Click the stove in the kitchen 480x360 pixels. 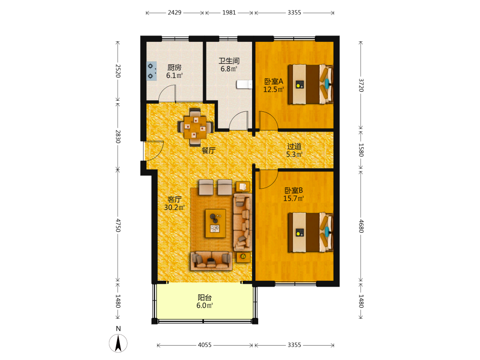[152, 71]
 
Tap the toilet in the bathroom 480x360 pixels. [244, 84]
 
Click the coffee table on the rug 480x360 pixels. [216, 224]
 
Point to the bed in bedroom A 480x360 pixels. [311, 84]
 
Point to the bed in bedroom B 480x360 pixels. [311, 232]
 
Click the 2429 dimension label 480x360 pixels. [175, 12]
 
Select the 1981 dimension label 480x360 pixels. [229, 12]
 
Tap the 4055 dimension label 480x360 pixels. [204, 345]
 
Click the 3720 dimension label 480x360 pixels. [361, 85]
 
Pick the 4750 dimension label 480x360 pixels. [118, 225]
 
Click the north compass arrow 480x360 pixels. [118, 343]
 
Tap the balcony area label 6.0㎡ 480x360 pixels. [204, 305]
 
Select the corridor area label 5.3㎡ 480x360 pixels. [294, 155]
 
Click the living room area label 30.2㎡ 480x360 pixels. [174, 207]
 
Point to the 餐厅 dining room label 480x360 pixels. [208, 150]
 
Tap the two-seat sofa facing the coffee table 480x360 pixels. [211, 261]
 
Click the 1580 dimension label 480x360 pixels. [361, 150]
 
